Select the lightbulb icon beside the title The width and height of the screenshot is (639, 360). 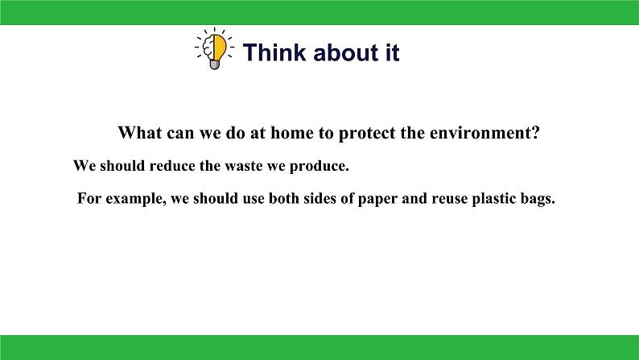[214, 49]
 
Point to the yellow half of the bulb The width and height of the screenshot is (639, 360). [220, 46]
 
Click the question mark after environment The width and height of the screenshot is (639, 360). [535, 133]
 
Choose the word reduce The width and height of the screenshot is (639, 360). [172, 166]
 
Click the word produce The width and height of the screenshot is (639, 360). [318, 167]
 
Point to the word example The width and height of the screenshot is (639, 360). [136, 199]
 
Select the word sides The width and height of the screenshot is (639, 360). [317, 198]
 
